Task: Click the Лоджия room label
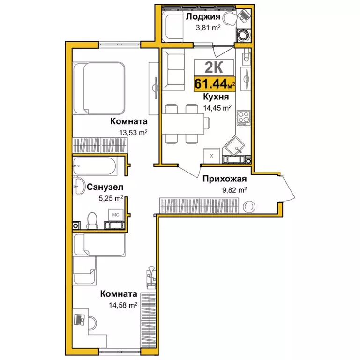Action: click(x=203, y=17)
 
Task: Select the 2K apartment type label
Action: click(x=214, y=67)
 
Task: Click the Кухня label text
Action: click(x=216, y=97)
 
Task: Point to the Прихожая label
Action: click(x=225, y=179)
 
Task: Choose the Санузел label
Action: click(x=105, y=187)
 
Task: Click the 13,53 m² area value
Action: click(x=133, y=133)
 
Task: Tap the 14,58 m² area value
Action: click(x=123, y=305)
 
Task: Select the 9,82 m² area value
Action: click(x=235, y=190)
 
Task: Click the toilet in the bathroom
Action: click(x=92, y=220)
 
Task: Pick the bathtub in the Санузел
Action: click(x=94, y=166)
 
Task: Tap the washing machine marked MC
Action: click(x=116, y=215)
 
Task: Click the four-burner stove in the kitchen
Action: click(x=244, y=118)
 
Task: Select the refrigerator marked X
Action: click(x=212, y=156)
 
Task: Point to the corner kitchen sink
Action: click(x=235, y=146)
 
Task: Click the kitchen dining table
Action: click(x=183, y=124)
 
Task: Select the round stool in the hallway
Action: click(x=249, y=207)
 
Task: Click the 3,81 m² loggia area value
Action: click(x=208, y=28)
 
